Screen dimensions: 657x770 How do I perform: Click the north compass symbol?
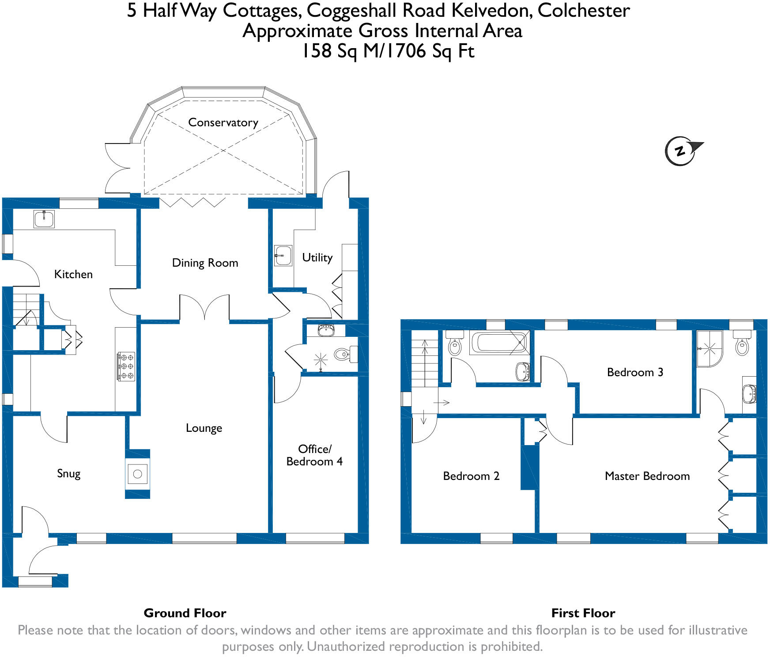(x=681, y=151)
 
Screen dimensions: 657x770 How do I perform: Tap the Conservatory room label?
(x=223, y=122)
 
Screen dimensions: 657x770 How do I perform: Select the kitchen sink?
(x=44, y=219)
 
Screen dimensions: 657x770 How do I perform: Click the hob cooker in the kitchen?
(x=126, y=366)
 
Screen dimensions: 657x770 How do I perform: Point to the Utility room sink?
(x=283, y=255)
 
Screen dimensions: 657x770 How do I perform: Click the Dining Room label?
(x=205, y=263)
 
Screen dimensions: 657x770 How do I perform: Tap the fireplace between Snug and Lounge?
(x=137, y=474)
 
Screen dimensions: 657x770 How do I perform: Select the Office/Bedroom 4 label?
(x=314, y=455)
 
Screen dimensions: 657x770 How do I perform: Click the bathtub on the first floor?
(x=500, y=343)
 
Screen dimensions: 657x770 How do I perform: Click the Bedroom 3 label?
(x=635, y=372)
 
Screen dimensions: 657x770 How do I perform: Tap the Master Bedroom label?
(x=647, y=476)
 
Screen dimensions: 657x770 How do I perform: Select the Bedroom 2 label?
(x=471, y=476)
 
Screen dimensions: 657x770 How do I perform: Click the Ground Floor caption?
(x=185, y=613)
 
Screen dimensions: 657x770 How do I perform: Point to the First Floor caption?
(x=583, y=613)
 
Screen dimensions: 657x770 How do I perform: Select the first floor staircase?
(x=425, y=363)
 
